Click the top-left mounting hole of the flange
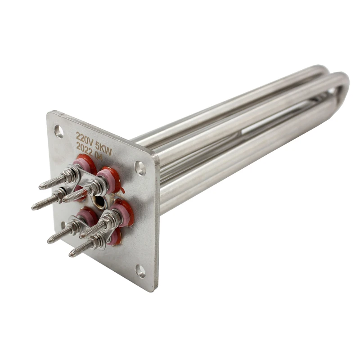(59, 131)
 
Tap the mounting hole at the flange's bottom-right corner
(141, 271)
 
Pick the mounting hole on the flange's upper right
(140, 169)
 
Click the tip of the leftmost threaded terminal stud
(34, 207)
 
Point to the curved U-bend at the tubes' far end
(342, 85)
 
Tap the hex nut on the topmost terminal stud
(70, 175)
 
